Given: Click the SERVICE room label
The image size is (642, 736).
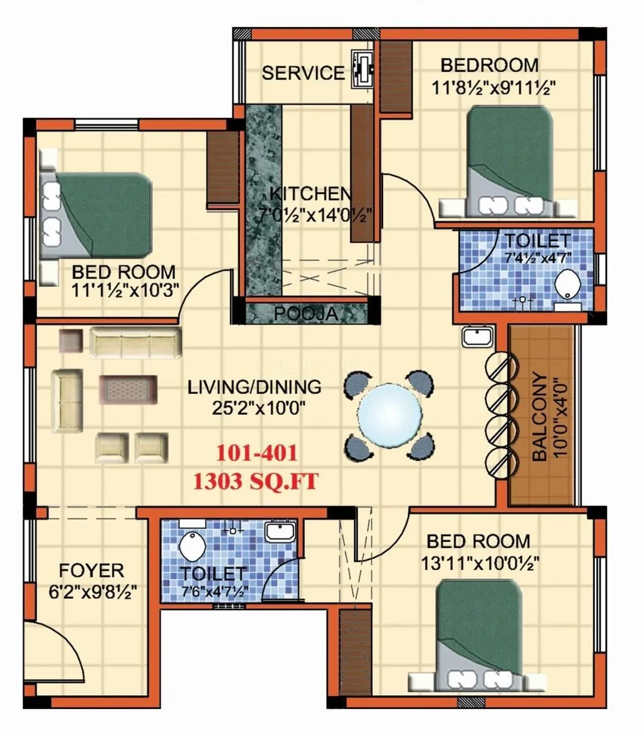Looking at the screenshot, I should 303,73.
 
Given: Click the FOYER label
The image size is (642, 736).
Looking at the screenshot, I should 92,571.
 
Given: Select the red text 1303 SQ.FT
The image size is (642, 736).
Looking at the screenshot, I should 255,481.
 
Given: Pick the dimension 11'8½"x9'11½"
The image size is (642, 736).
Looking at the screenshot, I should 495,86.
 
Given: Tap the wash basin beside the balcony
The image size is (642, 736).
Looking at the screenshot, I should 478,338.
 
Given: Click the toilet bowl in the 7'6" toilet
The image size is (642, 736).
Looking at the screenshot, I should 189,547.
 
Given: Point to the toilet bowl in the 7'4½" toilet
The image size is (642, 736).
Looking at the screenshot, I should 569,286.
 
